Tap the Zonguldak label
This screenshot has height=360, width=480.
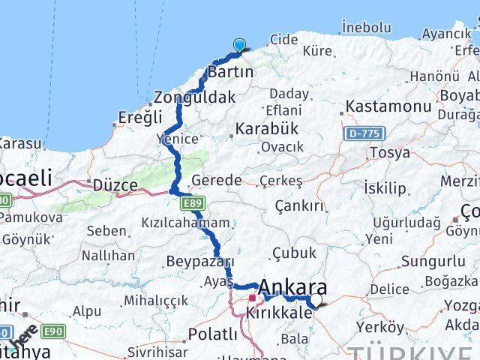[x=195, y=97]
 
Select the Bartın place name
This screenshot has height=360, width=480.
[x=231, y=73]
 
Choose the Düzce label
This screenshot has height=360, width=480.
[x=115, y=184]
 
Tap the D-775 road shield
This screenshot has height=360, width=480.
[x=361, y=133]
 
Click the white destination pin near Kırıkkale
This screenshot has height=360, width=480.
[x=316, y=301]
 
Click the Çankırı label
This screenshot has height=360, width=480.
[x=298, y=206]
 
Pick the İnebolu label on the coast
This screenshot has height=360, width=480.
[x=364, y=27]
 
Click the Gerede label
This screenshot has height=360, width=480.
[x=217, y=181]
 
